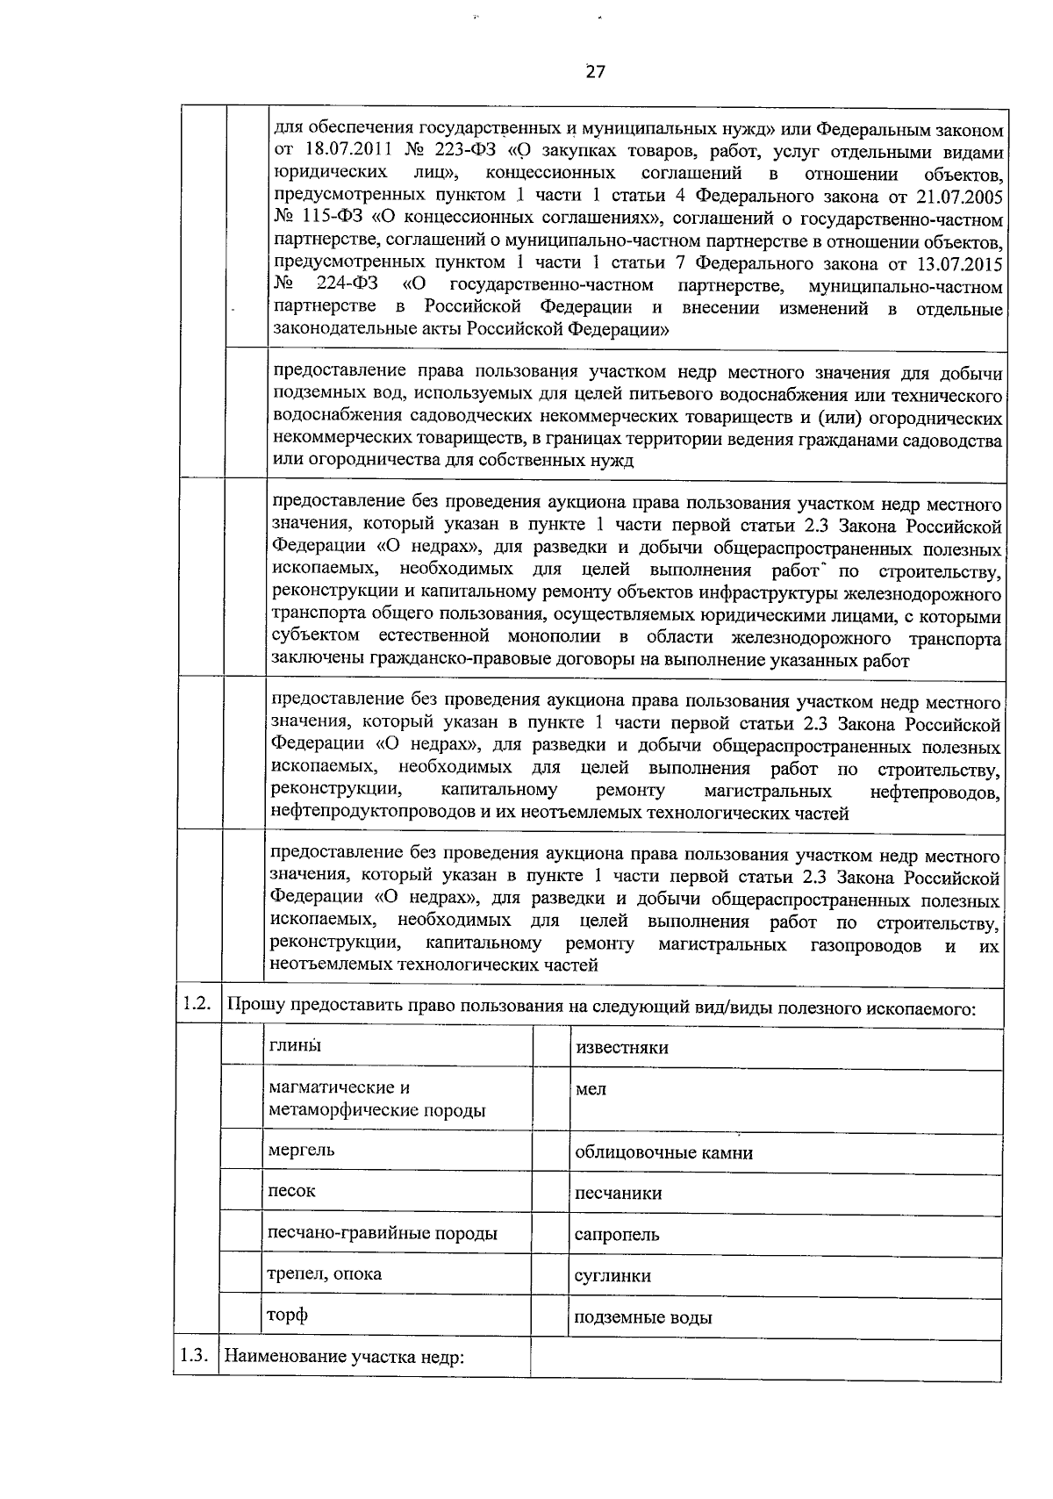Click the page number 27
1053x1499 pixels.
(595, 72)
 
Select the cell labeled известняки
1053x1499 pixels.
(621, 1048)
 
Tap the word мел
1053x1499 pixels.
(591, 1089)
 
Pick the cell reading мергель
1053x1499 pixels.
(301, 1150)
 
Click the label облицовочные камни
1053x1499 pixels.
(663, 1152)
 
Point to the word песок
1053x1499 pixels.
(291, 1191)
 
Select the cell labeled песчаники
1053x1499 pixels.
(618, 1194)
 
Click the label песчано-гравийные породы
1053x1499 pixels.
(382, 1233)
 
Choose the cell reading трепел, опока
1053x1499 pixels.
(325, 1273)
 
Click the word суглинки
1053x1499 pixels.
(612, 1276)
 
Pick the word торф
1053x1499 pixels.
(288, 1316)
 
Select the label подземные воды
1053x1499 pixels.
(642, 1317)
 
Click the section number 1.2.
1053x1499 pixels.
(197, 1006)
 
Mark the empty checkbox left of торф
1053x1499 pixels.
(241, 1317)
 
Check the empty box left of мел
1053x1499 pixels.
(552, 1098)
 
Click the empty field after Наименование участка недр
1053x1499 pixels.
(765, 1359)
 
